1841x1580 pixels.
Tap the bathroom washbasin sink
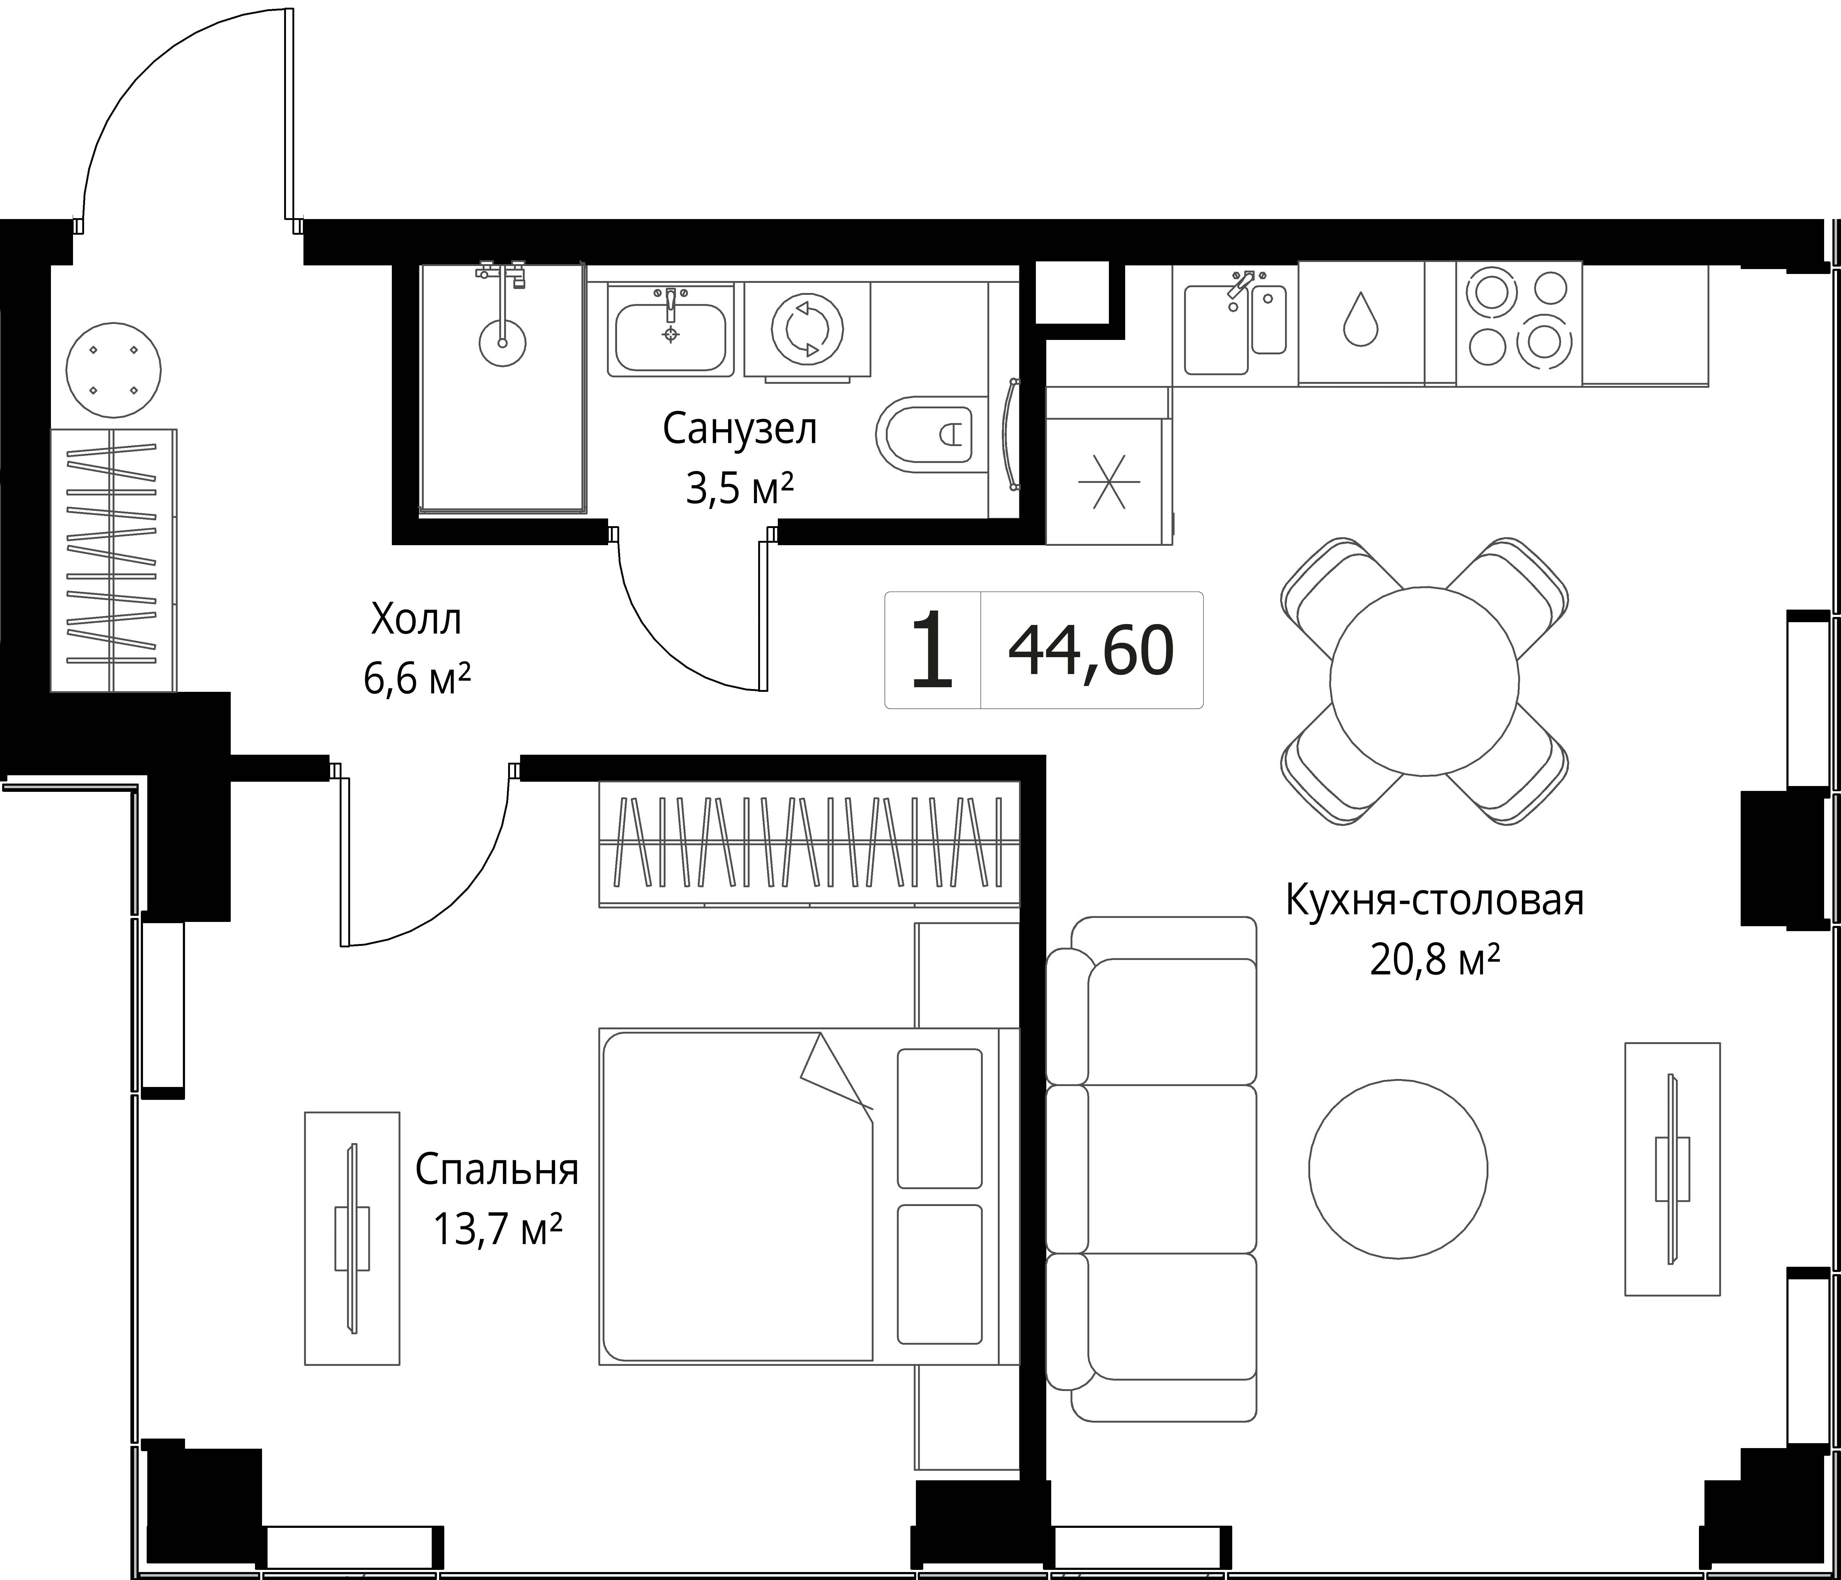[671, 331]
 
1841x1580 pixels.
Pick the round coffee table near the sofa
[1398, 1169]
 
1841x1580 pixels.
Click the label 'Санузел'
[739, 429]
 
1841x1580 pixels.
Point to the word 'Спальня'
[497, 1170]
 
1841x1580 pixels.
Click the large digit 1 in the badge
[932, 649]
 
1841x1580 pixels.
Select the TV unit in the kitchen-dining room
[1672, 1169]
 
